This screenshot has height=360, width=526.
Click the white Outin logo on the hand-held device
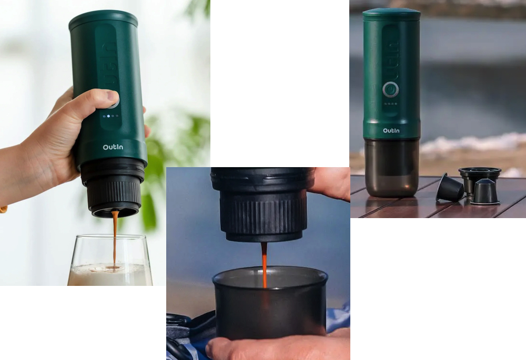[x=113, y=147]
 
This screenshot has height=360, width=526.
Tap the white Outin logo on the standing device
[x=391, y=130]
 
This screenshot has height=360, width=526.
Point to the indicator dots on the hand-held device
[x=110, y=116]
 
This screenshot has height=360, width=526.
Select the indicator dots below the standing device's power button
[x=390, y=104]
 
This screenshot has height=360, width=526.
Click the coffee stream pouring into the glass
[x=115, y=239]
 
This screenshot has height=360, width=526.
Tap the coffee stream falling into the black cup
[x=265, y=265]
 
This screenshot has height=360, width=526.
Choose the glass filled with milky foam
[x=110, y=260]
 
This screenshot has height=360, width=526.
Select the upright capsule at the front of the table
[x=485, y=191]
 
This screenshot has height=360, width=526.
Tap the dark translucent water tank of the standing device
[x=391, y=168]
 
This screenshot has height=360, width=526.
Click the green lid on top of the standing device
[x=391, y=14]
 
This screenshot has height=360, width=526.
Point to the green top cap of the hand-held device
[x=103, y=19]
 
